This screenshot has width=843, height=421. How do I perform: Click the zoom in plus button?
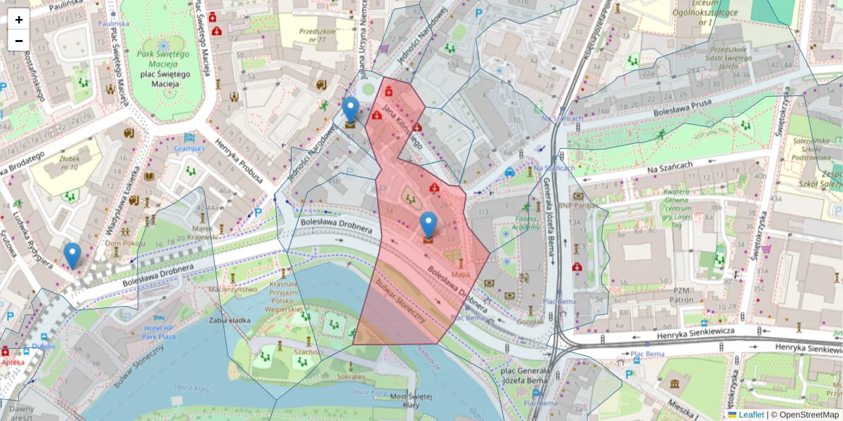tap(19, 20)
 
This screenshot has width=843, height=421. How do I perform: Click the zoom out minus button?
tap(19, 41)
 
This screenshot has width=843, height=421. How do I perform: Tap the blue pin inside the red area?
tap(429, 227)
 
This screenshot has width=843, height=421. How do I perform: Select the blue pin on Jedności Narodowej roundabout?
tap(351, 112)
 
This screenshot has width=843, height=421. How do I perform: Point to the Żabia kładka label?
tap(230, 320)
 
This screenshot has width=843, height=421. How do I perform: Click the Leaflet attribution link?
tap(751, 415)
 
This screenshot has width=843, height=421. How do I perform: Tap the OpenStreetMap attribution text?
tap(809, 415)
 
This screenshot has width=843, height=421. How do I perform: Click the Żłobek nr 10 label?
tap(69, 162)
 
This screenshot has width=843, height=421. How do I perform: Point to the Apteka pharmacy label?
tap(13, 362)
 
